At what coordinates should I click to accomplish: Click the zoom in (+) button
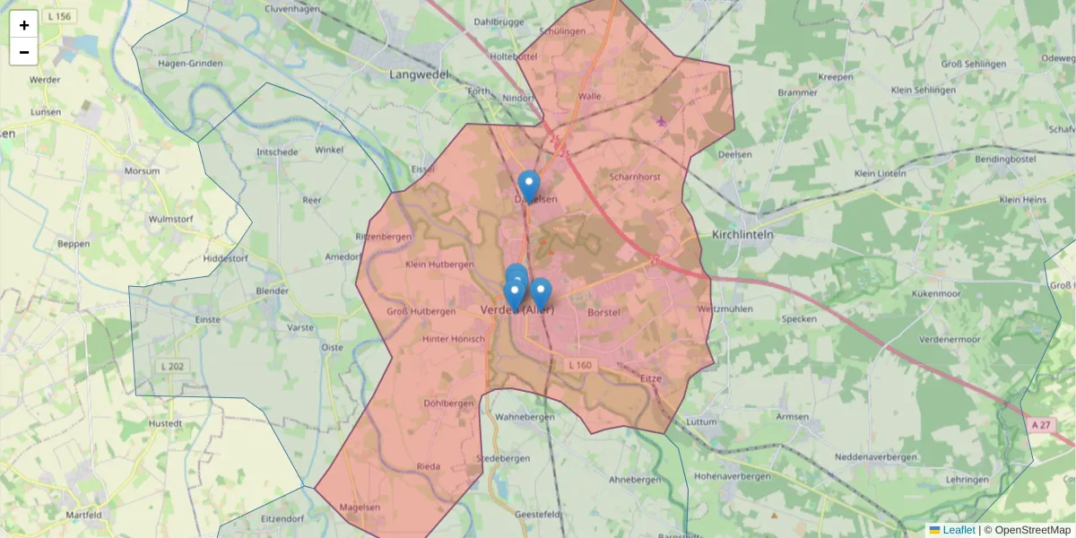coord(23,24)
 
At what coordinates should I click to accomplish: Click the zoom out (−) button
coord(23,52)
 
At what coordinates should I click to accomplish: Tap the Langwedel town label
coord(418,74)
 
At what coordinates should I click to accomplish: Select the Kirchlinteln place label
coord(742,234)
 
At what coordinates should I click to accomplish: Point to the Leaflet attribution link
coord(959,530)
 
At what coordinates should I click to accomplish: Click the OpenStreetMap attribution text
coord(1032,530)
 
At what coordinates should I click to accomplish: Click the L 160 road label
coord(581,365)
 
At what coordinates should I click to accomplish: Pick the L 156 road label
coord(61,17)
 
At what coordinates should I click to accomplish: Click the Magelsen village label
coord(360,508)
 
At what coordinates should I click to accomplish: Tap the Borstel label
coord(603,312)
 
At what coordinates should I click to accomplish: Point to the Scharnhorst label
coord(634,177)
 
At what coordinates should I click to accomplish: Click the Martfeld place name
coord(83,516)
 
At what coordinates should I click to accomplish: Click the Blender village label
coord(273,291)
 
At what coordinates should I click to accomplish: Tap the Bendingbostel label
coord(1004,159)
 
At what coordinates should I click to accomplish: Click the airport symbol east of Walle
coord(662,121)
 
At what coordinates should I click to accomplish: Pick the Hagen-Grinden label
coord(189,64)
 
